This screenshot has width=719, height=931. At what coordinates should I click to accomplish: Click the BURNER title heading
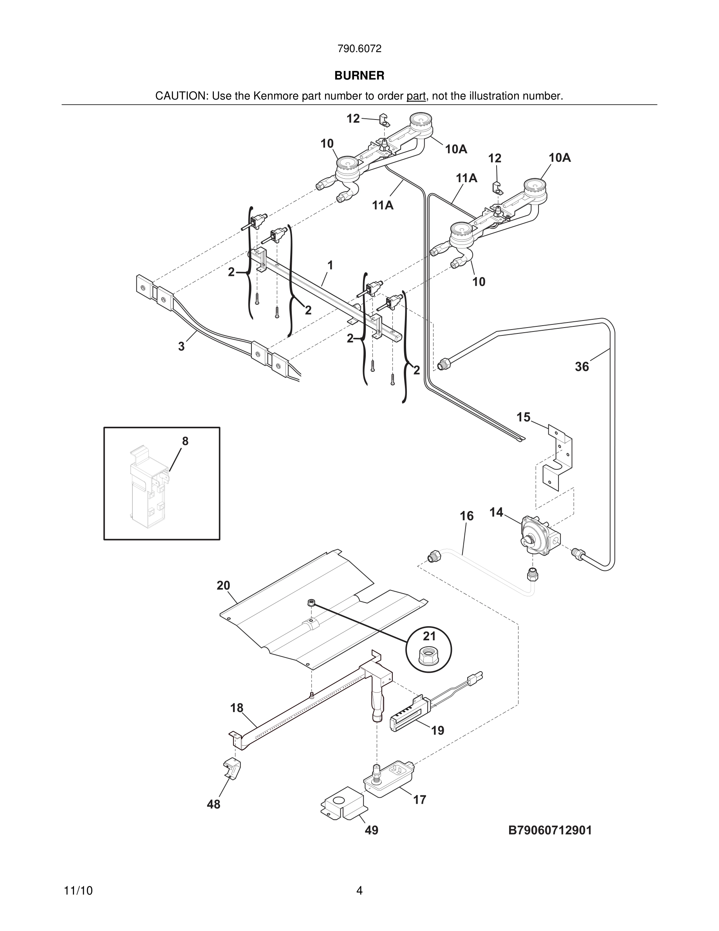359,76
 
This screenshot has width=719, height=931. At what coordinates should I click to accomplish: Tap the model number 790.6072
359,49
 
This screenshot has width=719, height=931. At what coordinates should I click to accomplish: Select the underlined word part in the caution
416,96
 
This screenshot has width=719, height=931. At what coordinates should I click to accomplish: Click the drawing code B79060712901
550,830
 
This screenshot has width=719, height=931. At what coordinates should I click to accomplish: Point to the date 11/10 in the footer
78,891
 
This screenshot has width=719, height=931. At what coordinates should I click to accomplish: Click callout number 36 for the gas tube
582,367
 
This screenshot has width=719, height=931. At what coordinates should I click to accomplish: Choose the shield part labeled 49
343,803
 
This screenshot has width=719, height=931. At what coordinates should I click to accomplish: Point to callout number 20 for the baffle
223,585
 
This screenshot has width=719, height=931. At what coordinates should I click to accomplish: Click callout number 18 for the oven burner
237,708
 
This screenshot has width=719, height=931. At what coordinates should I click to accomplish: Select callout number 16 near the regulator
466,516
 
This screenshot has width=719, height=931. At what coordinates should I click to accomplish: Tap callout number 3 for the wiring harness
181,346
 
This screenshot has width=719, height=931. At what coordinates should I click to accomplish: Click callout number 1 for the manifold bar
330,265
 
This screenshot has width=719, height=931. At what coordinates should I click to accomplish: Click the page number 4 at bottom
359,891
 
